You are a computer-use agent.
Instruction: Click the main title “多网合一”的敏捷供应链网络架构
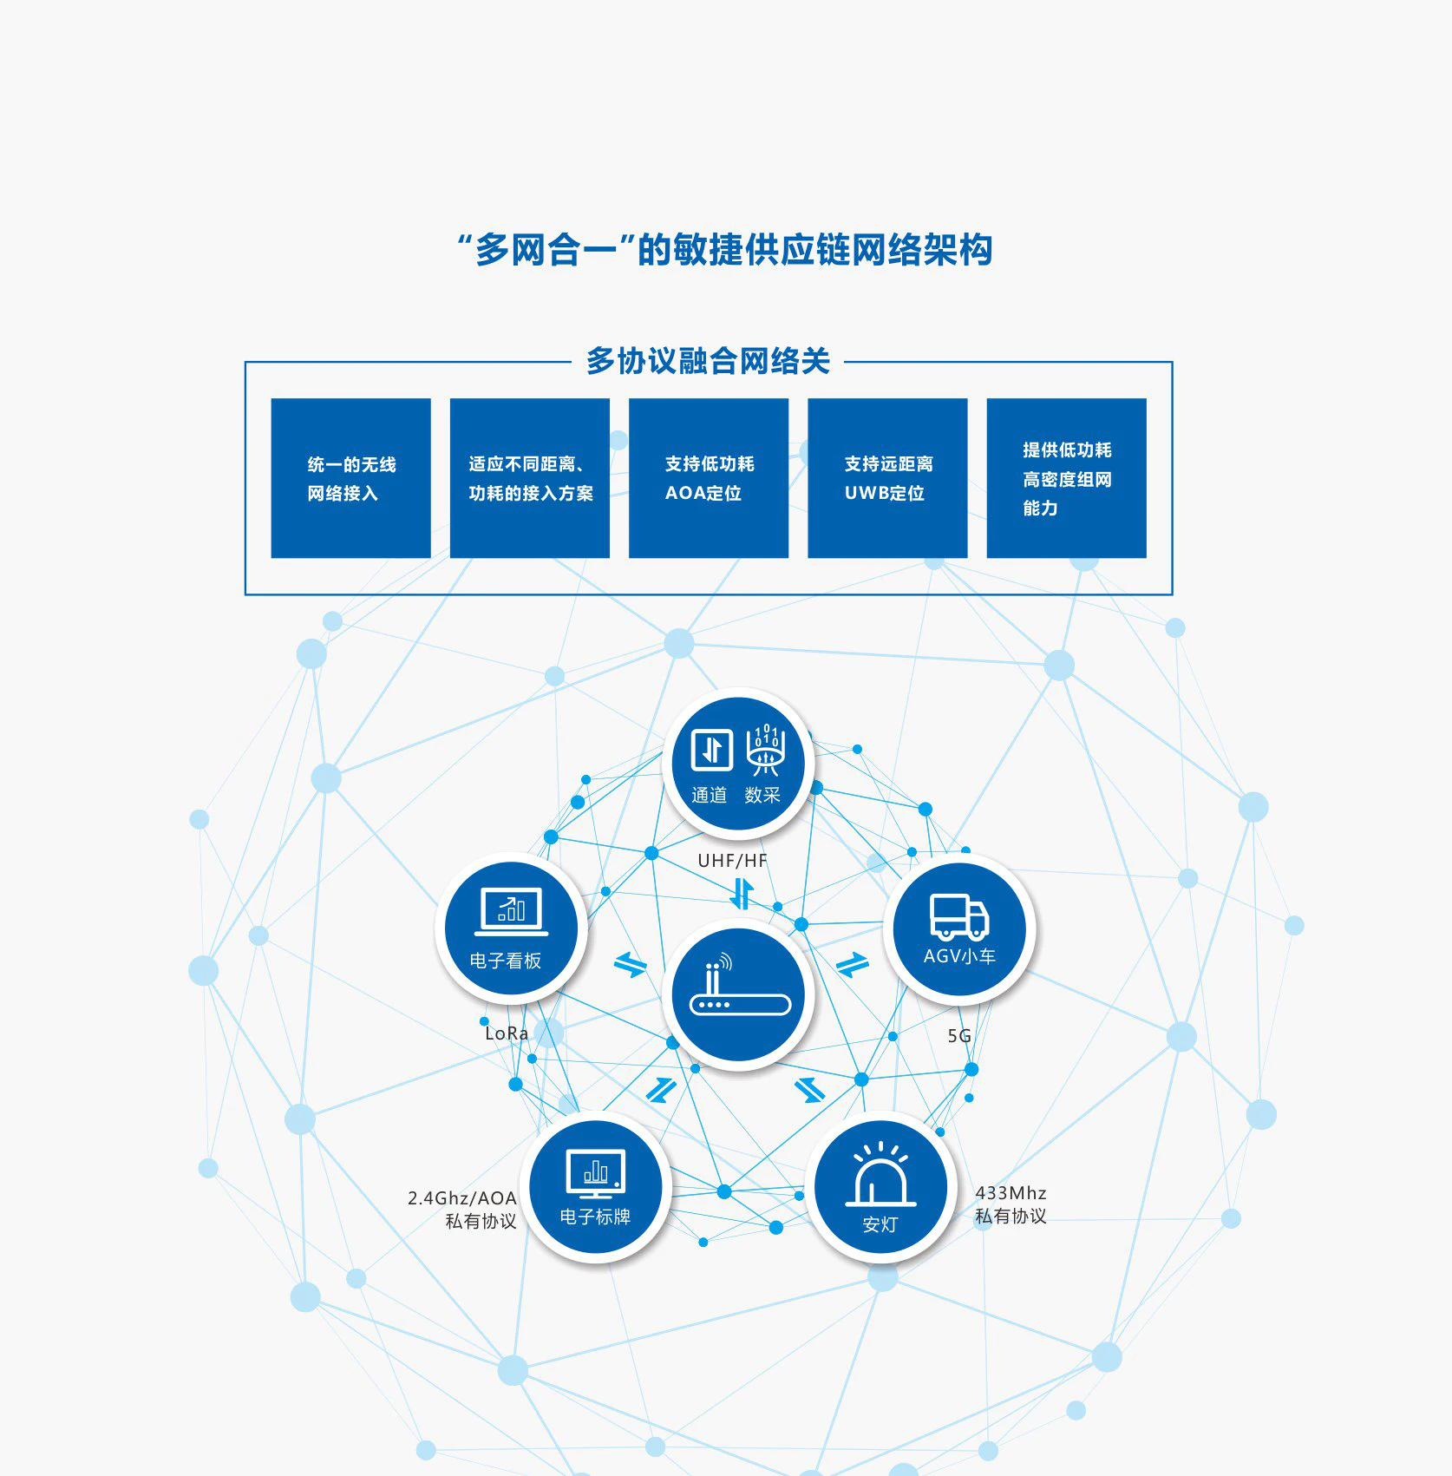tap(725, 250)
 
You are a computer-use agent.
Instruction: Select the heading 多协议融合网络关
tap(708, 361)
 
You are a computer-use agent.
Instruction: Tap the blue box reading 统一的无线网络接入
tap(350, 478)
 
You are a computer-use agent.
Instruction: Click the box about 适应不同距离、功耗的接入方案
tap(529, 478)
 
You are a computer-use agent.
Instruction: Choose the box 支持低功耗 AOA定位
tap(708, 478)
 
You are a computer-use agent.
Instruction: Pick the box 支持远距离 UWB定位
tap(886, 478)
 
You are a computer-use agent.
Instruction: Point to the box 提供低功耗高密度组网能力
tap(1066, 478)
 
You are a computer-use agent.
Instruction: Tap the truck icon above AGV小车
tap(958, 916)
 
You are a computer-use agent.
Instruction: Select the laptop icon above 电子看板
tap(511, 911)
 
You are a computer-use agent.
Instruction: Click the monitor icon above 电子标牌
tap(595, 1172)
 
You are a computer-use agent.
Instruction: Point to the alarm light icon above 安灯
tap(880, 1176)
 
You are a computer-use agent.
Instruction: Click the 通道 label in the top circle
tap(709, 795)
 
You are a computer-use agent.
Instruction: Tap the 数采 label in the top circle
tap(762, 795)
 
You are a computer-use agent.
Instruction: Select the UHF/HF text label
tap(732, 861)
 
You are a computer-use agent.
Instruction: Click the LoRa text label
tap(507, 1033)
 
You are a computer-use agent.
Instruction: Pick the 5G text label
tap(959, 1036)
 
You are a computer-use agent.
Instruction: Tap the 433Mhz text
tap(1011, 1193)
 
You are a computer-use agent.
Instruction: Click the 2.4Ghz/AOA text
tap(462, 1198)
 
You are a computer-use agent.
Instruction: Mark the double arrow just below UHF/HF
tap(741, 894)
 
